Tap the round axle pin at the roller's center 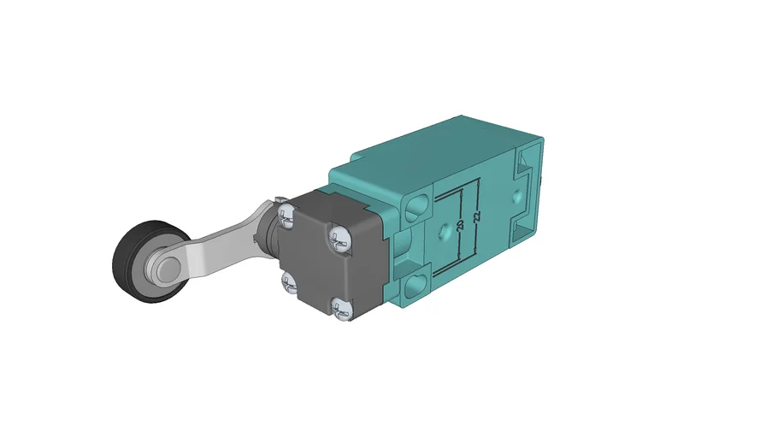click(x=160, y=269)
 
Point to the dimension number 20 click(x=460, y=227)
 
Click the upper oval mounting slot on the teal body click(x=417, y=205)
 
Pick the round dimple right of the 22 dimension click(x=516, y=196)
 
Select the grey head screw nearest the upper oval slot click(x=339, y=240)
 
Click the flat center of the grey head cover click(x=316, y=261)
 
